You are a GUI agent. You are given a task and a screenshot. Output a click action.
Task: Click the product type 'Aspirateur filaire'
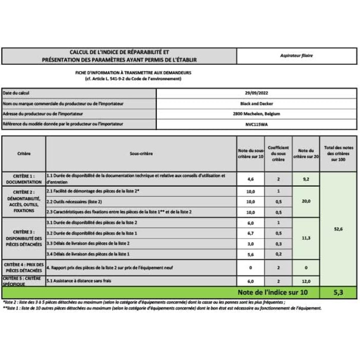click(x=297, y=56)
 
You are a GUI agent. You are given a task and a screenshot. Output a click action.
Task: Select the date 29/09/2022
click(x=256, y=93)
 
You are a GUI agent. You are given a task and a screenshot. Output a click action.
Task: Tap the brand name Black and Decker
click(x=256, y=103)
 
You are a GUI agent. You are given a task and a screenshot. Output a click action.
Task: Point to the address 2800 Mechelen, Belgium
click(x=256, y=114)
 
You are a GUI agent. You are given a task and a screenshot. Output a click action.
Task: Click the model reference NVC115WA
click(x=256, y=124)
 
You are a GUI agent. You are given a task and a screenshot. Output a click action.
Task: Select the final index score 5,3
click(x=337, y=293)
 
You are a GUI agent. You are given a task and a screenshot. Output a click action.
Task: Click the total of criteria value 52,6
click(x=337, y=229)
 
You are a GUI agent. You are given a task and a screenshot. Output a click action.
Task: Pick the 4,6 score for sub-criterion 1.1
click(x=250, y=179)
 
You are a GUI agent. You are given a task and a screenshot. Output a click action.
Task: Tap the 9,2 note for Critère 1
click(x=305, y=179)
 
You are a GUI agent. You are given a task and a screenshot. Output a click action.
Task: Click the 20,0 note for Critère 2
click(x=305, y=201)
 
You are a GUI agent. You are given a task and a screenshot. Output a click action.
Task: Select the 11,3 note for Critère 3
click(x=305, y=238)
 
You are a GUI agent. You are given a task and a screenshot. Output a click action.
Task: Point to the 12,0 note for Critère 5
click(x=305, y=281)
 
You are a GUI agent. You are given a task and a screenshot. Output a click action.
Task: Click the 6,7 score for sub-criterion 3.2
click(x=250, y=233)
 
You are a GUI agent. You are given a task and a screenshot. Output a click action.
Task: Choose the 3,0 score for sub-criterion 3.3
click(x=250, y=243)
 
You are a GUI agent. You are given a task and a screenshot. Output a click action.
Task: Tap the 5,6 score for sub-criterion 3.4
click(x=250, y=254)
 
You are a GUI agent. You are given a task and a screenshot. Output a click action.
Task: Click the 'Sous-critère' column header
click(x=141, y=153)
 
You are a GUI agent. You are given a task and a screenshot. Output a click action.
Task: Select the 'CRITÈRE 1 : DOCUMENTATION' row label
click(x=24, y=179)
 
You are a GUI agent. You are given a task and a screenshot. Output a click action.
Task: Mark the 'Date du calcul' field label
click(x=16, y=93)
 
